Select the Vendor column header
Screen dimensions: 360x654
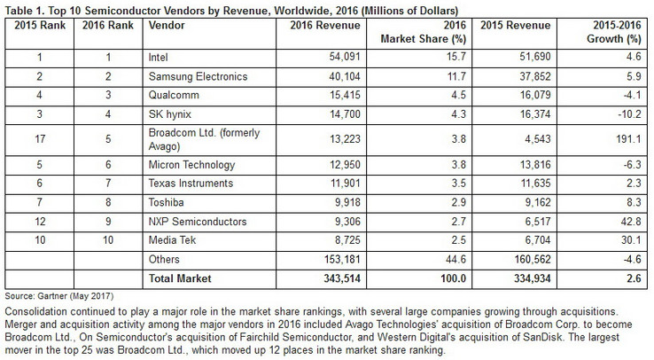pyautogui.click(x=163, y=23)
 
